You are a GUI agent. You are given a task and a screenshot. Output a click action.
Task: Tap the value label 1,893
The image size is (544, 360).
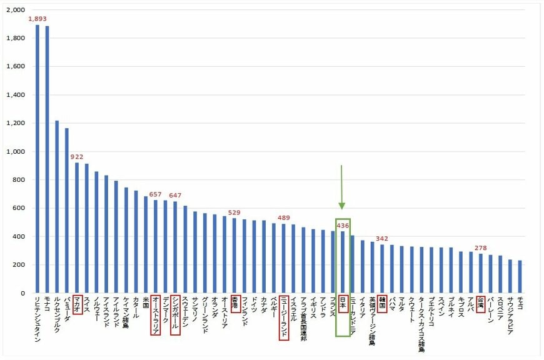pyautogui.click(x=38, y=19)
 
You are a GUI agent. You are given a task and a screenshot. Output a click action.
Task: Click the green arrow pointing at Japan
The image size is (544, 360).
pyautogui.click(x=342, y=187)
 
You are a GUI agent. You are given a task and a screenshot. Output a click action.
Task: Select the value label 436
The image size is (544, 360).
pyautogui.click(x=343, y=226)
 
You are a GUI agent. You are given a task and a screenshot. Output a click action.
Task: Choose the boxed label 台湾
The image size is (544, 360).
pyautogui.click(x=480, y=304)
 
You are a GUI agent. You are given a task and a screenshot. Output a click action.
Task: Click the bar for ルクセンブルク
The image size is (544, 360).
pyautogui.click(x=57, y=207)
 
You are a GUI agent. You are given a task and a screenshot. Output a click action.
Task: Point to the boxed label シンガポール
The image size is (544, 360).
pyautogui.click(x=176, y=315)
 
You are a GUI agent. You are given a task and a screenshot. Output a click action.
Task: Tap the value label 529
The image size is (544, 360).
pyautogui.click(x=234, y=212)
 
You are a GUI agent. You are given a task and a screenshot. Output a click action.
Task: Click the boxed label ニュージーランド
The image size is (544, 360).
pyautogui.click(x=284, y=317)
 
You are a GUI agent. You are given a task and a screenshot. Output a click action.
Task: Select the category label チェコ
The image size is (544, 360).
pyautogui.click(x=520, y=304)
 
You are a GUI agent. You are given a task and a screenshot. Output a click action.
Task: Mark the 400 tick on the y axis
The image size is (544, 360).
pyautogui.click(x=18, y=237)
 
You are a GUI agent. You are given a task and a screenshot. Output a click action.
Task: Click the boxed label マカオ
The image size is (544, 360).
pyautogui.click(x=78, y=305)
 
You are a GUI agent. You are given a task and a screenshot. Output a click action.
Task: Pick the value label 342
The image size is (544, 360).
pyautogui.click(x=382, y=239)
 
